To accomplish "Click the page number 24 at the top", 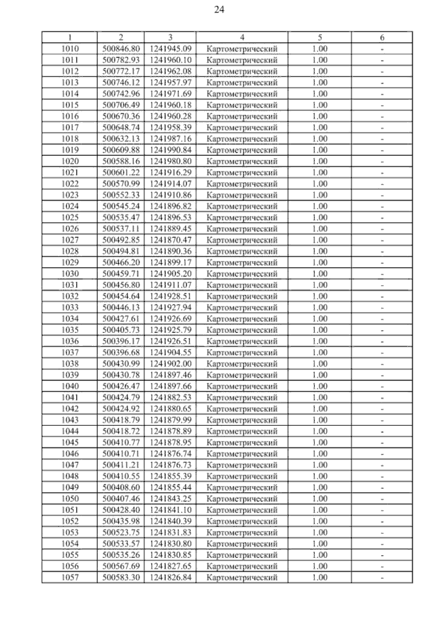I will (219, 10).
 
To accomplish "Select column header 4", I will (242, 37).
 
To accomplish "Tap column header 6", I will (382, 37).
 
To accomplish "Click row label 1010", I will (70, 49).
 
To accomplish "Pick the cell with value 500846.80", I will (121, 49).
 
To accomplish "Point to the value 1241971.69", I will (170, 94).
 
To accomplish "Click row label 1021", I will (70, 172).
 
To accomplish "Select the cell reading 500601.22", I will (121, 172).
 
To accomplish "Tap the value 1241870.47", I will (170, 240).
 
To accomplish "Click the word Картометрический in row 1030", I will (242, 274).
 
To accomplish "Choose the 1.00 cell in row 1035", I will (320, 330).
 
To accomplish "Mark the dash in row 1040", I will (382, 386).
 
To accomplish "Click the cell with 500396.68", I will (121, 352).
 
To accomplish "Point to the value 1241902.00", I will (170, 364).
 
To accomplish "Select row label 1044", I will (70, 431).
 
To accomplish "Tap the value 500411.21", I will (121, 465).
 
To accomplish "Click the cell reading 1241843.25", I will (170, 499).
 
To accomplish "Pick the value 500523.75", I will (121, 532).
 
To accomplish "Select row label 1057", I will (70, 577).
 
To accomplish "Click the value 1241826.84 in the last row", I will (170, 577).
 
